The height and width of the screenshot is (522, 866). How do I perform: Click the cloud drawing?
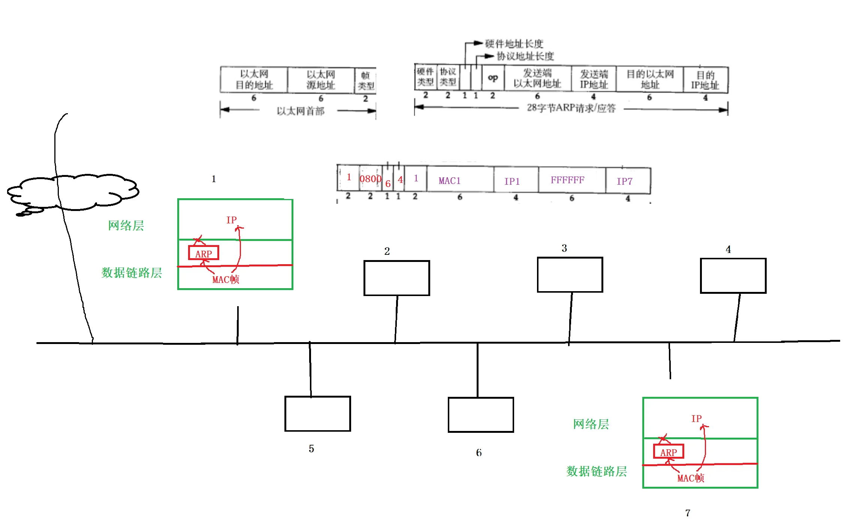[x=73, y=192]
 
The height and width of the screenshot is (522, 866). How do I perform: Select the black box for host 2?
[x=396, y=278]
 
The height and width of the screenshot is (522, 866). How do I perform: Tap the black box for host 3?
[x=570, y=275]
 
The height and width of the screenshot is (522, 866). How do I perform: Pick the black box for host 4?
[x=733, y=276]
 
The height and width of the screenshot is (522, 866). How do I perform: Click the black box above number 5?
[x=317, y=414]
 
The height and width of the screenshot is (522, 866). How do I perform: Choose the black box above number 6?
[x=481, y=415]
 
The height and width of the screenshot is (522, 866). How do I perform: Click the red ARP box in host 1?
[x=203, y=253]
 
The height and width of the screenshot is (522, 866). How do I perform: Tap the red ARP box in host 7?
[x=669, y=452]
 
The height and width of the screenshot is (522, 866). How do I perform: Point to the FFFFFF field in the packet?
[x=567, y=180]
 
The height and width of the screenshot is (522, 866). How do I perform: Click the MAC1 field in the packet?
[x=449, y=181]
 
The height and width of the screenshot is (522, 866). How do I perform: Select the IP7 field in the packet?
[x=624, y=181]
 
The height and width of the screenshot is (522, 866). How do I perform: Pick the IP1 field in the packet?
[x=512, y=181]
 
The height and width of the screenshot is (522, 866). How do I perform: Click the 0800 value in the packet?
[x=370, y=179]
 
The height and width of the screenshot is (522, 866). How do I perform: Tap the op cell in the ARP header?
[x=493, y=78]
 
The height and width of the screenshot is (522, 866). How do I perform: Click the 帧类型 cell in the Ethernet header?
[x=365, y=80]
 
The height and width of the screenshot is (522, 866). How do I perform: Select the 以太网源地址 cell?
[x=321, y=79]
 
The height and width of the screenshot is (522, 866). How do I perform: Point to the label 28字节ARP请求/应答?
[x=571, y=108]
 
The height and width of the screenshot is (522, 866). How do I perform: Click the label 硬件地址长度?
[x=514, y=44]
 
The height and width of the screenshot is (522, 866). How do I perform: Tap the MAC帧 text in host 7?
[x=691, y=478]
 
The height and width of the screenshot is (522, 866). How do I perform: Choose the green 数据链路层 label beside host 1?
[x=132, y=272]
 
